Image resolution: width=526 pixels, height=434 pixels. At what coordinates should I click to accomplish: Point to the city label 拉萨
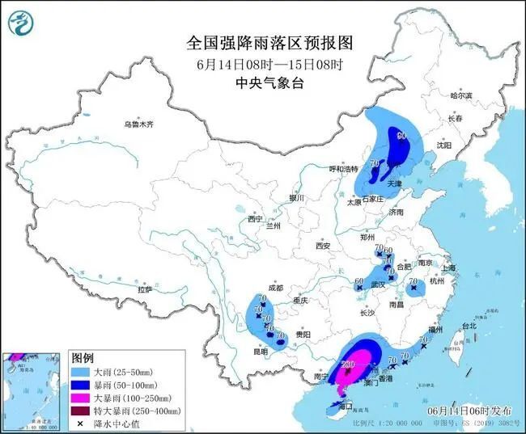[x=146, y=289]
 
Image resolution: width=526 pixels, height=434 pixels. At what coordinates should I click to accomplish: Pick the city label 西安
[x=324, y=245]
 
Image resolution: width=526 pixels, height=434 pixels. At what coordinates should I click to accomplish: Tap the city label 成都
[x=275, y=288]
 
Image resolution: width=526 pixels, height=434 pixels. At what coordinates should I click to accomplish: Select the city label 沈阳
[x=442, y=145]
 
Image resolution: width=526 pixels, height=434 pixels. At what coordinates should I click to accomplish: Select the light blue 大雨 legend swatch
[x=81, y=373]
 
